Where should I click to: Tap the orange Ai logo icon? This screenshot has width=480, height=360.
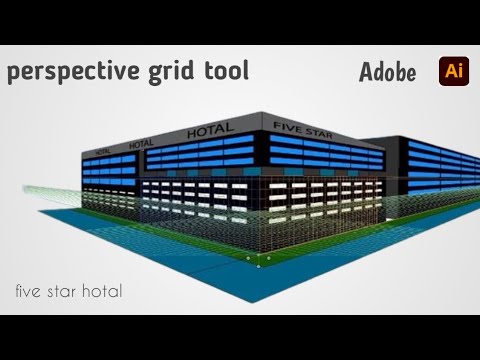(x=451, y=71)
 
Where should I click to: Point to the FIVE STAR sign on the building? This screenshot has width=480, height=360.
(x=304, y=126)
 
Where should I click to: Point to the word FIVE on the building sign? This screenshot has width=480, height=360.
(x=284, y=124)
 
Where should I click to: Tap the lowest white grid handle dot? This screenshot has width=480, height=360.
(x=260, y=267)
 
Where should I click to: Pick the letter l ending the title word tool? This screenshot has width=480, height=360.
(x=246, y=71)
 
